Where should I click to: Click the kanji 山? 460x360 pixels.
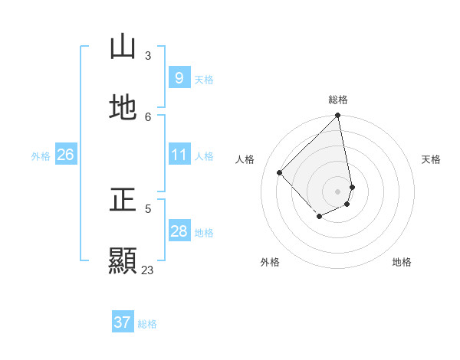click(x=123, y=47)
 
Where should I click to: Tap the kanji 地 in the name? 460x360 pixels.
click(x=123, y=107)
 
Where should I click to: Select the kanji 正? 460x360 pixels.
click(x=123, y=201)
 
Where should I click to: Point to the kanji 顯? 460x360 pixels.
click(x=123, y=260)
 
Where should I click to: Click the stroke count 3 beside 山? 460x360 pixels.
click(x=148, y=56)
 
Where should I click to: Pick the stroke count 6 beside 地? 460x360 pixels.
click(x=148, y=116)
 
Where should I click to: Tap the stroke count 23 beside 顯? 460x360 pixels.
click(x=148, y=270)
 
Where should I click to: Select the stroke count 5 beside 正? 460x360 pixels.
click(x=148, y=208)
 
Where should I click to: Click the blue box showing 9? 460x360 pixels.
click(x=179, y=78)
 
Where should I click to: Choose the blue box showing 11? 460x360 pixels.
click(x=179, y=155)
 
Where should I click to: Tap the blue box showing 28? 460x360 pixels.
click(x=179, y=231)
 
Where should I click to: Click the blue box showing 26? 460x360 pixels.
click(x=65, y=155)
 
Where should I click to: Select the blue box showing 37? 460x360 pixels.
click(x=122, y=323)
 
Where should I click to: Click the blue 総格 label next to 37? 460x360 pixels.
click(x=147, y=324)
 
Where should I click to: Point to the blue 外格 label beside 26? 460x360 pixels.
click(x=41, y=155)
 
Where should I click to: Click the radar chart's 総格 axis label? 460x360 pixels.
click(x=338, y=100)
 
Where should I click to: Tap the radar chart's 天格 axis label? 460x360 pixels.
click(x=431, y=159)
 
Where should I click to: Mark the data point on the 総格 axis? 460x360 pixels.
click(x=338, y=116)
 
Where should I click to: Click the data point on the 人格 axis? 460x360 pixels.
click(x=280, y=172)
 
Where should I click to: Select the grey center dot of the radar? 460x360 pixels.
click(x=338, y=191)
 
